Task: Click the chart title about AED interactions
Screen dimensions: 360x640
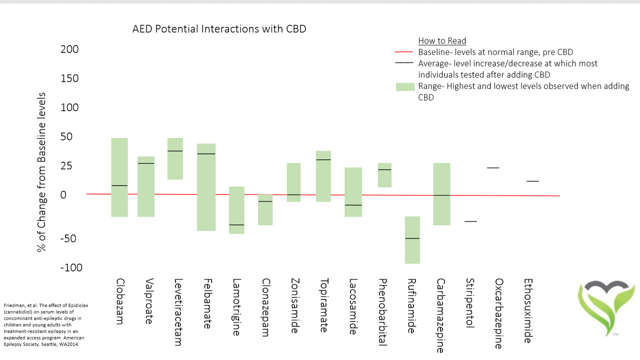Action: [219, 29]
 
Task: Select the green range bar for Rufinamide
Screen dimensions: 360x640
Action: [412, 240]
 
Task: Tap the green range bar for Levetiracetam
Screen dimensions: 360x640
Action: [175, 158]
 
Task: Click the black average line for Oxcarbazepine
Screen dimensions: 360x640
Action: [493, 168]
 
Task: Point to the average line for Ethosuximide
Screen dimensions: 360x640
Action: [532, 181]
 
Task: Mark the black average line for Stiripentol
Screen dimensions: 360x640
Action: [470, 221]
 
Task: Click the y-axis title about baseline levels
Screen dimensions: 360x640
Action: [41, 172]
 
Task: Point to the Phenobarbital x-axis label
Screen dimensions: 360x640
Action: [382, 312]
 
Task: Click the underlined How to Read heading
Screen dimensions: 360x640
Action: [442, 41]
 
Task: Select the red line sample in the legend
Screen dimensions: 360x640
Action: [404, 52]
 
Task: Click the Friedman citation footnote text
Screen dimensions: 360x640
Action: [45, 324]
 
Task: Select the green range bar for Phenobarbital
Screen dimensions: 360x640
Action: [384, 175]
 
